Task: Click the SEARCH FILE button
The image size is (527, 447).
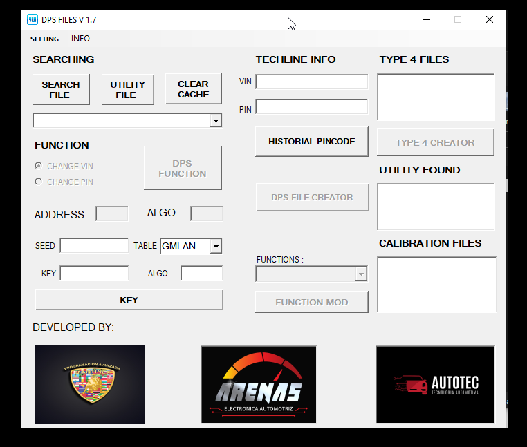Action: click(61, 90)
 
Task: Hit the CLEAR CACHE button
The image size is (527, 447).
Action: click(193, 90)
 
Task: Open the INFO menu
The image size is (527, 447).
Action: click(80, 39)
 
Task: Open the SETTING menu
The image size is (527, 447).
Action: click(44, 39)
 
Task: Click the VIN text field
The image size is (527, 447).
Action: click(311, 82)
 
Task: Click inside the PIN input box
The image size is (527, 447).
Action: click(311, 107)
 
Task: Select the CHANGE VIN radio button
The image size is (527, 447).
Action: click(39, 166)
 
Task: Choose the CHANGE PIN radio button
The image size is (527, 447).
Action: click(39, 182)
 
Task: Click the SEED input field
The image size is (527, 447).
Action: click(94, 246)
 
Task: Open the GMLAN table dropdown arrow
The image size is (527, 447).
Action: click(216, 246)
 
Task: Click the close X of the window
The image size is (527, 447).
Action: click(490, 19)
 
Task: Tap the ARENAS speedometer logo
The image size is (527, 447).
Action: click(259, 384)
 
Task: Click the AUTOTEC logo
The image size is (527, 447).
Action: click(435, 384)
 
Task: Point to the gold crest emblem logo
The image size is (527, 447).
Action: click(90, 384)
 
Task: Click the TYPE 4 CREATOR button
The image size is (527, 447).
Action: click(435, 142)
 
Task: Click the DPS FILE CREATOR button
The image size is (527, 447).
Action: click(312, 197)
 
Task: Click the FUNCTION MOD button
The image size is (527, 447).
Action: click(312, 302)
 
